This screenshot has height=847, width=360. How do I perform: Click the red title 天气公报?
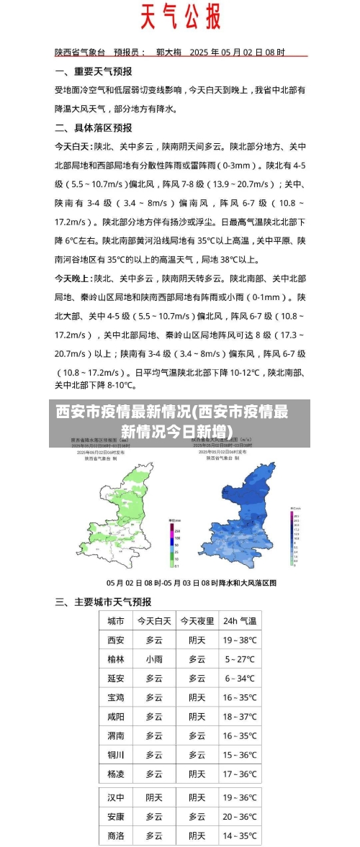click(x=179, y=17)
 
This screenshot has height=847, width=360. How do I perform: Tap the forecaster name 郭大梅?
click(x=168, y=53)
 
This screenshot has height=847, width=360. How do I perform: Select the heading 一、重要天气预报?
click(x=94, y=71)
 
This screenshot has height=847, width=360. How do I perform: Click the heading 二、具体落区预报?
click(x=94, y=127)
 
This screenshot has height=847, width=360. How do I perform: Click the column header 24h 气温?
click(x=240, y=620)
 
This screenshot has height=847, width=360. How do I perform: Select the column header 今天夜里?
click(x=197, y=620)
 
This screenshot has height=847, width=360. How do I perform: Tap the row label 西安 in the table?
click(x=116, y=640)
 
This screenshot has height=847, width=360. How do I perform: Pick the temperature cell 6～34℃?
click(x=240, y=679)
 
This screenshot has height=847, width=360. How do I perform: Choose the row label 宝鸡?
click(x=116, y=697)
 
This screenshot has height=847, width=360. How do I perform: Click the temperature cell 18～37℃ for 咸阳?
click(x=240, y=717)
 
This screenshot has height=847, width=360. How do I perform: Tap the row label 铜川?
click(x=116, y=755)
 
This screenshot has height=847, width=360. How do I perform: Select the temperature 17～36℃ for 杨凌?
click(x=240, y=774)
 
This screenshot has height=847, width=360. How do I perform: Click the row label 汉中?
click(x=116, y=797)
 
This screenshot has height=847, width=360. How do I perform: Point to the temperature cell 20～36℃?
click(x=240, y=817)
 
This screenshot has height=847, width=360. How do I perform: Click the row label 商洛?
click(x=116, y=835)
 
